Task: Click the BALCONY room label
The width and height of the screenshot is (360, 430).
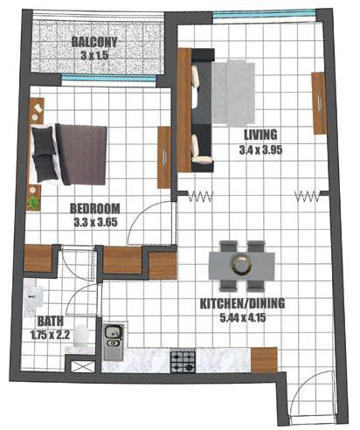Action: (x=95, y=42)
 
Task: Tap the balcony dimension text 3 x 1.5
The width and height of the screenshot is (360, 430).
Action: (x=95, y=55)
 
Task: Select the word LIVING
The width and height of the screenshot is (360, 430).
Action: (x=261, y=135)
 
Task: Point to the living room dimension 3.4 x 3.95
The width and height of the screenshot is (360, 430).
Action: (x=261, y=149)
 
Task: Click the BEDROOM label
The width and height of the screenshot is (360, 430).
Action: (x=95, y=209)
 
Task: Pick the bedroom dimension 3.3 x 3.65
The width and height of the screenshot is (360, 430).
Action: (x=95, y=222)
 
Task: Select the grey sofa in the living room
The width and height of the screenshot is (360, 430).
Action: (x=202, y=109)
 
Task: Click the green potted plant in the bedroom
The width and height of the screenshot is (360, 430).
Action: (x=34, y=202)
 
